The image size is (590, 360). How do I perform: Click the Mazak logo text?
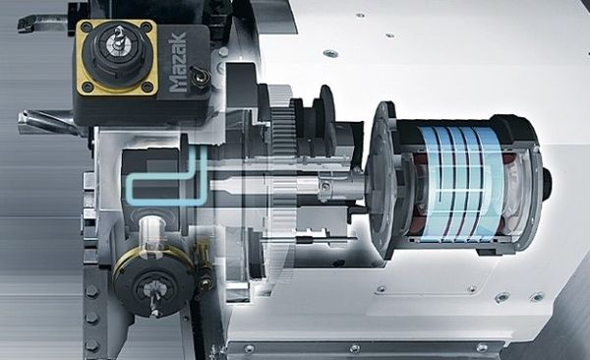point(177,63)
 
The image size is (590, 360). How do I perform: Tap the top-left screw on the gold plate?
point(86,27)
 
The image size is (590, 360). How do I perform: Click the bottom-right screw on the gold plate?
point(147,87)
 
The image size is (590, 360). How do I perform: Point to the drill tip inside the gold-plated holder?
point(118,38)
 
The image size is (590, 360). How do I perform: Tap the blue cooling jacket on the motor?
point(463,182)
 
